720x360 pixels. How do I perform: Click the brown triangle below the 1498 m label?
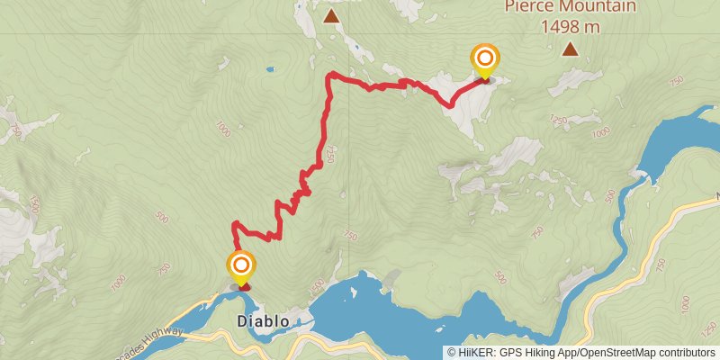click(570, 49)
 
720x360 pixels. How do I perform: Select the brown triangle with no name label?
click(331, 15)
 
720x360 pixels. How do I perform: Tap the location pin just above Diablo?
click(241, 267)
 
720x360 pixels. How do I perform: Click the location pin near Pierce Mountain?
click(485, 60)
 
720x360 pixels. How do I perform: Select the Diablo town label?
click(263, 320)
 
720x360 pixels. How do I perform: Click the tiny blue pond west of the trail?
click(269, 68)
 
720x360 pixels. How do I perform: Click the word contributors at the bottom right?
click(684, 352)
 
